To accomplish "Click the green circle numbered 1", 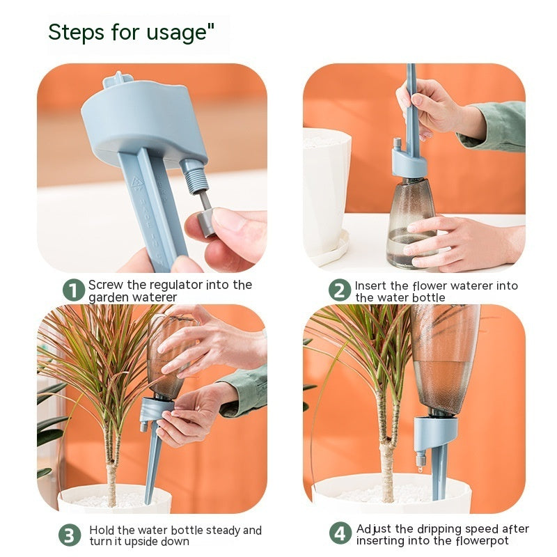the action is pos(74,290).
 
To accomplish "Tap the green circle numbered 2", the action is pos(340,290).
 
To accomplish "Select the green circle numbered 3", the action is pos(70,535).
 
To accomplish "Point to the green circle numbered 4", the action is pos(340,533).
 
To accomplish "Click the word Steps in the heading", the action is pos(77,32).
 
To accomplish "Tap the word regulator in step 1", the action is pos(173,285).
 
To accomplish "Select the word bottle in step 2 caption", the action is pos(427,297).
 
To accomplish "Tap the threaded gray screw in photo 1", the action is pos(195,176).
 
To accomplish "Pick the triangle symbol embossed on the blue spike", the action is pos(137,182).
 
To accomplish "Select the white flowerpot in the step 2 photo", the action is pos(327,192).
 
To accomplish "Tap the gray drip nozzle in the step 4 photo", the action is pos(421,459).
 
